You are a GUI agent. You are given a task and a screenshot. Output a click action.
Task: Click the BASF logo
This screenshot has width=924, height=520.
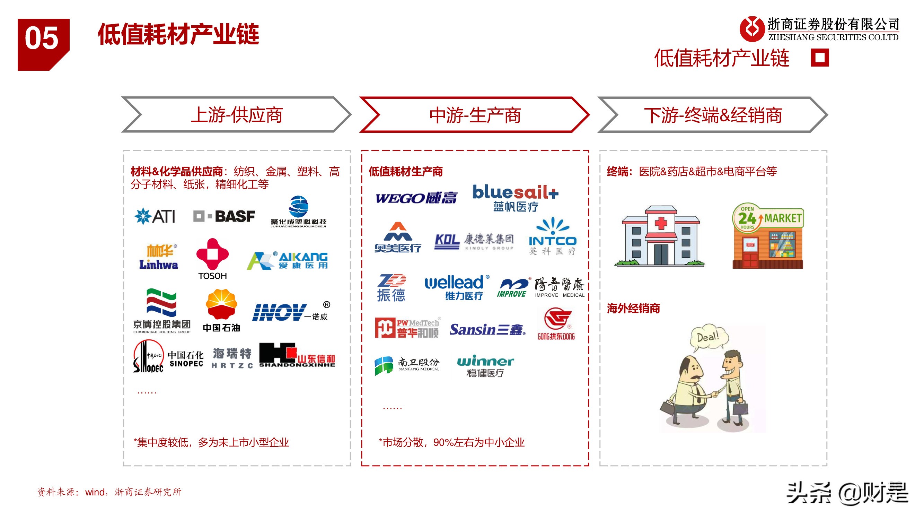tap(224, 216)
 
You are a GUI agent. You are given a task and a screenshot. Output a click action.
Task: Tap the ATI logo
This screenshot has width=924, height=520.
tap(155, 216)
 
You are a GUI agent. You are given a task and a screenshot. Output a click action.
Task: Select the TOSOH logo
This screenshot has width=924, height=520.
tap(212, 258)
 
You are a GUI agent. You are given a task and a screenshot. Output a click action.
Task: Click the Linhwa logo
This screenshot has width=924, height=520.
tap(158, 257)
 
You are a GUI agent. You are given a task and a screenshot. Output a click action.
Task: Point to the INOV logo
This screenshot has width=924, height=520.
tap(290, 312)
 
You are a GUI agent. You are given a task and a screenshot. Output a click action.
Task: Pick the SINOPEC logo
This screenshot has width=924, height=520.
tap(168, 356)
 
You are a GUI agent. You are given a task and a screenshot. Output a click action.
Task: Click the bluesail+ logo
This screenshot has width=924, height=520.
tap(515, 197)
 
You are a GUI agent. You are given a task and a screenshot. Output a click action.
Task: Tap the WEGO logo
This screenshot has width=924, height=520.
tap(416, 198)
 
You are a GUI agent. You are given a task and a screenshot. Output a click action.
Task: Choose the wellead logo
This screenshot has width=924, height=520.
tap(457, 287)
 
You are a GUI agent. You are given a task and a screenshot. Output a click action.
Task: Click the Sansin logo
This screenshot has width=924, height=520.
tap(487, 329)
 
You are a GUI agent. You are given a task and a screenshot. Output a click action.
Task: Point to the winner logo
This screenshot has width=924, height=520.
tap(485, 366)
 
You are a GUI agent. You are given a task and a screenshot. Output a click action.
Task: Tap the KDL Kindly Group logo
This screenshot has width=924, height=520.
tap(474, 241)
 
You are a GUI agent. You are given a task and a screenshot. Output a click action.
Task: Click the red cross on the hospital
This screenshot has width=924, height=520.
tap(661, 223)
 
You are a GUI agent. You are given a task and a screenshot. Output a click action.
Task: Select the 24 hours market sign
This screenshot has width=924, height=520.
tap(768, 218)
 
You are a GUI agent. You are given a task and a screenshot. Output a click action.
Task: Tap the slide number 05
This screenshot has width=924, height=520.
tap(42, 38)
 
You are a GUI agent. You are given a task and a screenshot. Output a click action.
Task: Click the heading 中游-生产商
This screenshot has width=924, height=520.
tap(475, 115)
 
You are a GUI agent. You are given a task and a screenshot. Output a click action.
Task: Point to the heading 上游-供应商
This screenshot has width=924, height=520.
tap(236, 115)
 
